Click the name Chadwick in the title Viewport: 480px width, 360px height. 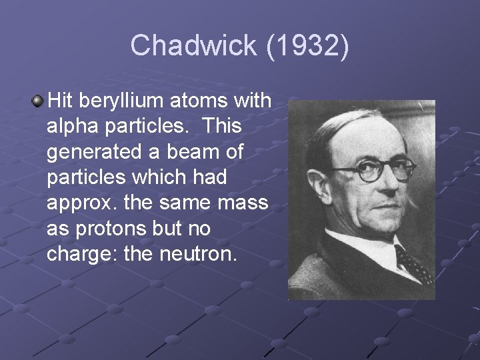[193, 46]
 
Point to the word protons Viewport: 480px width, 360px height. [110, 228]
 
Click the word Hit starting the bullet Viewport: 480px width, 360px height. [64, 101]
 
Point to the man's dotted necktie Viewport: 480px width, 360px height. [413, 263]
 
